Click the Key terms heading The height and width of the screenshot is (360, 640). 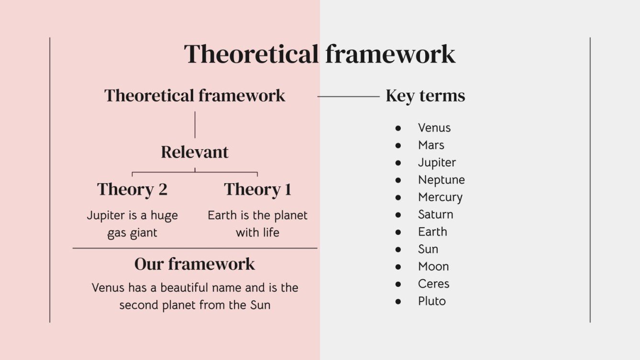click(x=425, y=96)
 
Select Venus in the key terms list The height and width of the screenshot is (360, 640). click(x=434, y=128)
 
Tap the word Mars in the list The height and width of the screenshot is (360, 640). click(x=431, y=145)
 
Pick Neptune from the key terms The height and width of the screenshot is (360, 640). click(x=441, y=180)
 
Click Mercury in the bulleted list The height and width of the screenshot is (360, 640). click(x=440, y=197)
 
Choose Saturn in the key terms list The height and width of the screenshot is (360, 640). click(x=435, y=214)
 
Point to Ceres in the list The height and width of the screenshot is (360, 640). click(x=433, y=284)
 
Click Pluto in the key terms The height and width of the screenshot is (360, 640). click(x=431, y=301)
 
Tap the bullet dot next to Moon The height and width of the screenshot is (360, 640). click(x=398, y=267)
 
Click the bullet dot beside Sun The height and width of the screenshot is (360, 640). click(x=398, y=249)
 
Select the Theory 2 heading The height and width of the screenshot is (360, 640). click(x=132, y=189)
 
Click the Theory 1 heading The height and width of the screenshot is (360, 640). click(x=257, y=189)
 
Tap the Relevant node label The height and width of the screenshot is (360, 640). click(x=195, y=152)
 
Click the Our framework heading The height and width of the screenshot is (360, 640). click(x=195, y=264)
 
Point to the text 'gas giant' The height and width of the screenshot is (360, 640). click(x=132, y=233)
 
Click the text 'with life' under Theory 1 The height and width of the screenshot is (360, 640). click(x=257, y=233)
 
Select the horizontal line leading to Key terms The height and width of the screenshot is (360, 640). click(x=348, y=97)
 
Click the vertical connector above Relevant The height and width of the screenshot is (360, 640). click(x=195, y=124)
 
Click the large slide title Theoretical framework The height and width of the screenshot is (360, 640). click(x=320, y=54)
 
